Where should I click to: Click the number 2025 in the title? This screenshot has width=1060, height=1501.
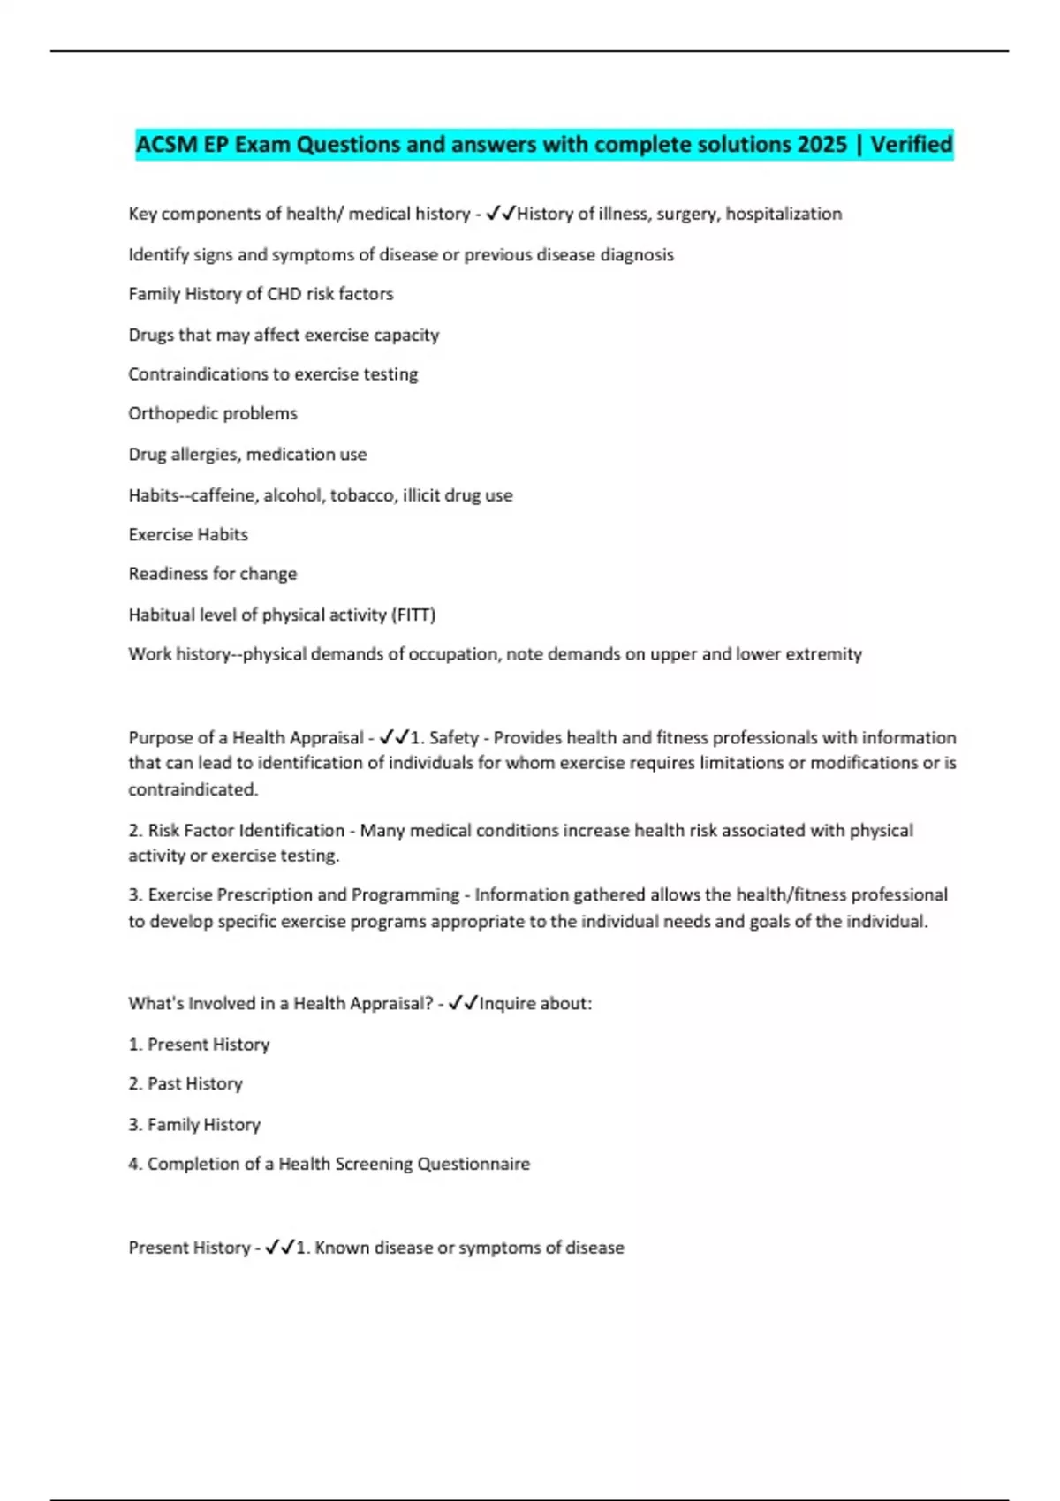[x=821, y=144]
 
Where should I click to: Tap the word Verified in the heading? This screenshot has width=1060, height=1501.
[x=912, y=144]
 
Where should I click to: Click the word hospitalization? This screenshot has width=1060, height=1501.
[x=784, y=214]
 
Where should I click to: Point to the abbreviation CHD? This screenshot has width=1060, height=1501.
[x=284, y=294]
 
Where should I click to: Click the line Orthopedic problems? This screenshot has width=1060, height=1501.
[x=213, y=413]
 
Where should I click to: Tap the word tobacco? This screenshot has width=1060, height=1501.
[x=360, y=495]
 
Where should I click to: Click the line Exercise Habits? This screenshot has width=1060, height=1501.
[x=188, y=534]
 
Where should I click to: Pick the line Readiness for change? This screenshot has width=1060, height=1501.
[x=213, y=574]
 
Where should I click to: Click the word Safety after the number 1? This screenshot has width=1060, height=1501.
[x=453, y=737]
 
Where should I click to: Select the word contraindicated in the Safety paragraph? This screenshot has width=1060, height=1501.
[x=193, y=789]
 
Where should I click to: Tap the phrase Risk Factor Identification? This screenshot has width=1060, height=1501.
[x=246, y=830]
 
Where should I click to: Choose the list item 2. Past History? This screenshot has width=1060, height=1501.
[x=185, y=1083]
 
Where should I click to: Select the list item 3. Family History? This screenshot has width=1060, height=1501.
[x=194, y=1124]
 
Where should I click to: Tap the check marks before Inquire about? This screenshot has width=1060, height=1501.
[x=463, y=1003]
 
